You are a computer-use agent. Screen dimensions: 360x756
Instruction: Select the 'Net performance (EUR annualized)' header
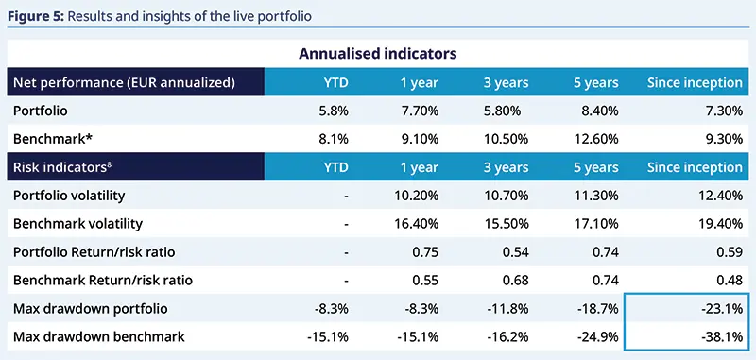tap(123, 82)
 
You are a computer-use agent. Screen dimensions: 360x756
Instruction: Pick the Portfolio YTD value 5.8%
tap(335, 111)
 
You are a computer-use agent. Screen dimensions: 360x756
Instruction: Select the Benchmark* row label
tap(48, 139)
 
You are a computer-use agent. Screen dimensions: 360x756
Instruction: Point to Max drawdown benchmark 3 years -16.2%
tap(509, 337)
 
